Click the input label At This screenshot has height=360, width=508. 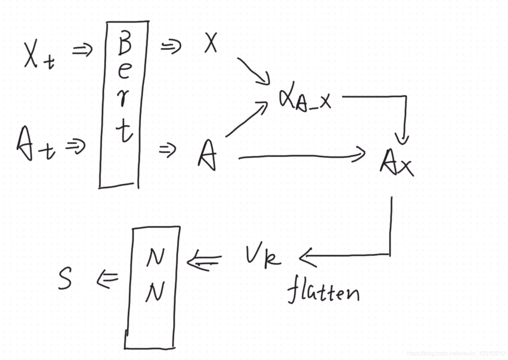(35, 144)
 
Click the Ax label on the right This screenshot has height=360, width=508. (396, 163)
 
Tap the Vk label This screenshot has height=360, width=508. (262, 256)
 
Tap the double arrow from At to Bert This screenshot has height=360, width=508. (76, 146)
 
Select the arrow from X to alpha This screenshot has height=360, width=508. (254, 70)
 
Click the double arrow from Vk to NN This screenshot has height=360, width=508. (204, 261)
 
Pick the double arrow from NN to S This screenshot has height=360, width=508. (108, 279)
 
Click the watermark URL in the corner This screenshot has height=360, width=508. (455, 354)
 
